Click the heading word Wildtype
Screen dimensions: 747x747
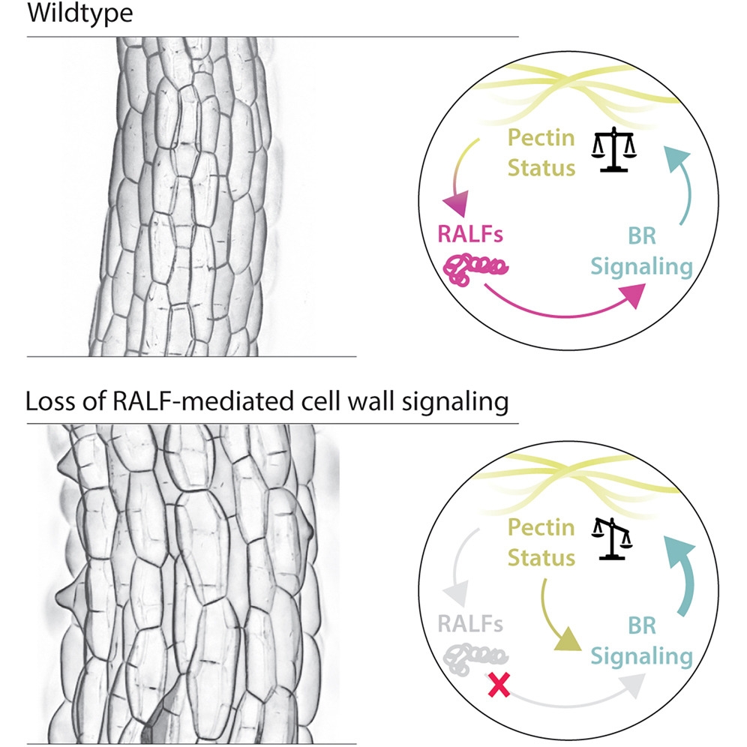tap(79, 14)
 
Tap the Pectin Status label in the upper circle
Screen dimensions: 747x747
tap(541, 152)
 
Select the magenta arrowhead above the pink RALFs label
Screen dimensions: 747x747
tap(457, 201)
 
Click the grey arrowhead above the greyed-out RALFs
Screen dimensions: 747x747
tap(456, 592)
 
